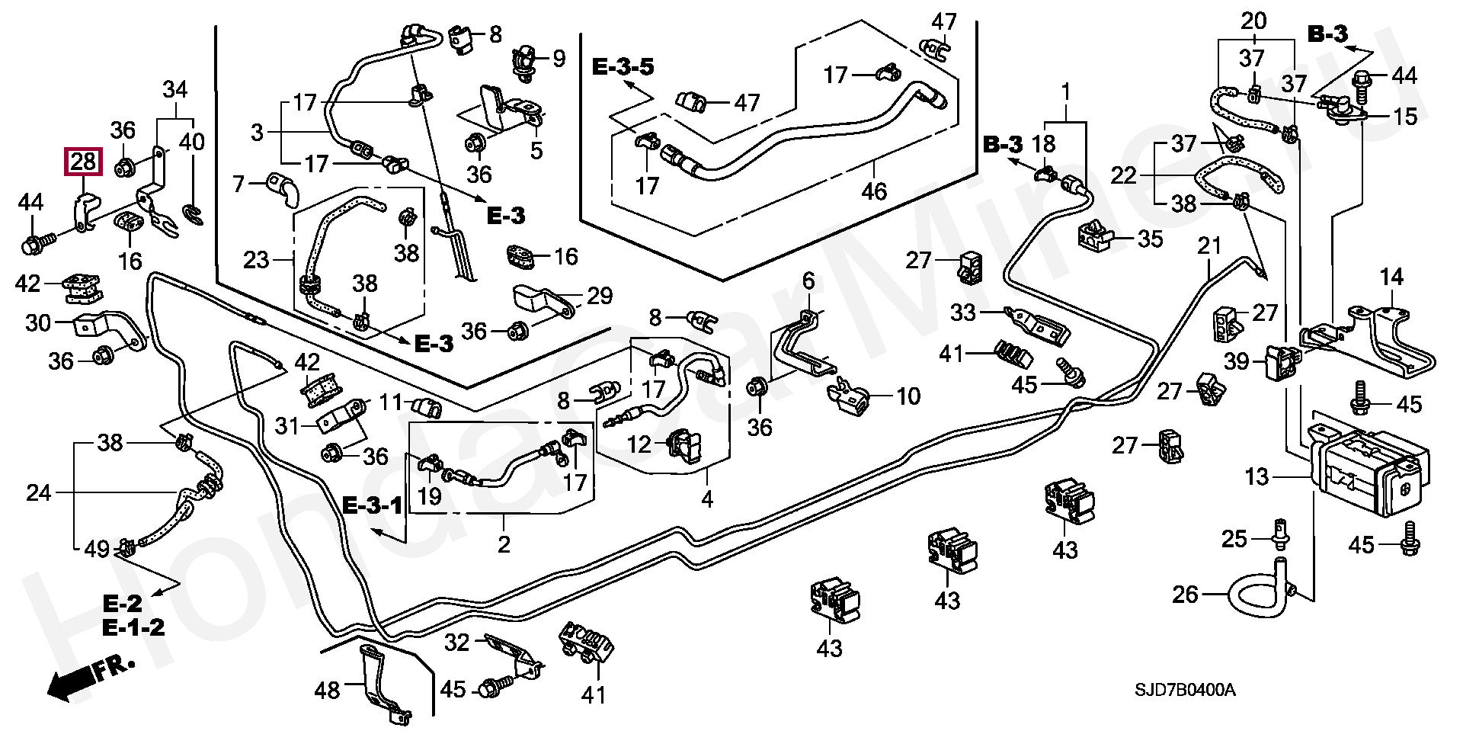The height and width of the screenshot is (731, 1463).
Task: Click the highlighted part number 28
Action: [x=83, y=162]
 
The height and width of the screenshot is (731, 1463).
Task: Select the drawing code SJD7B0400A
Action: [x=1185, y=691]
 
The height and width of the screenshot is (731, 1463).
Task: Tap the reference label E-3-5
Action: [x=623, y=67]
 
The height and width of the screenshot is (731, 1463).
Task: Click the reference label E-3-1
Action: [x=372, y=505]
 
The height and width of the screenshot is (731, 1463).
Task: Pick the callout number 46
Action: [x=874, y=191]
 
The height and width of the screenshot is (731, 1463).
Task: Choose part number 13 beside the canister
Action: [x=1257, y=477]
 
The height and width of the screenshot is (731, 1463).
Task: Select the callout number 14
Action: [x=1391, y=277]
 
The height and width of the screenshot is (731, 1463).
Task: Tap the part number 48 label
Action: [x=327, y=691]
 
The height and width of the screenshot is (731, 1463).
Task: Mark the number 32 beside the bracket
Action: [x=456, y=643]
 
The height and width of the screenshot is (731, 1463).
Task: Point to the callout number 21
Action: [x=1209, y=245]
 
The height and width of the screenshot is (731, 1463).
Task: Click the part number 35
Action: [x=1150, y=239]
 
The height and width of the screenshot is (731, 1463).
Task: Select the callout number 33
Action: [x=963, y=313]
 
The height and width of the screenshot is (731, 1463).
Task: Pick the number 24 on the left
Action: [x=38, y=493]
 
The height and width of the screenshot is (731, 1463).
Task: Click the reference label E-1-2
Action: [x=134, y=627]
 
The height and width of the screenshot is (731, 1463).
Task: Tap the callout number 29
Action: [x=600, y=296]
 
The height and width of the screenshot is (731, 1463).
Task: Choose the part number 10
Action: [x=908, y=396]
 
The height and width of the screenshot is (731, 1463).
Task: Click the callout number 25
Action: [x=1234, y=539]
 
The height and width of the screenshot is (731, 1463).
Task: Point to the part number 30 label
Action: [x=38, y=323]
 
